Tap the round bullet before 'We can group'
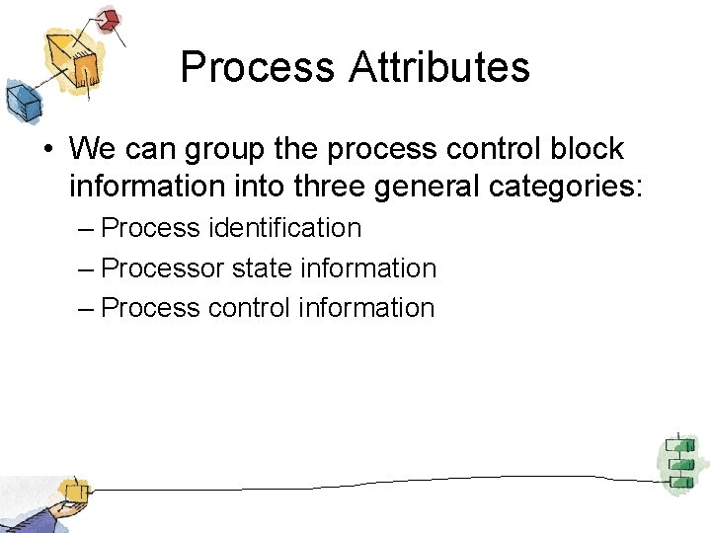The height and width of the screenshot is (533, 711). pyautogui.click(x=47, y=150)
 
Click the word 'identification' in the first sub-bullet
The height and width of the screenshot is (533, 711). pyautogui.click(x=284, y=228)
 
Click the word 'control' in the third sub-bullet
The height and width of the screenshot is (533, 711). pyautogui.click(x=249, y=308)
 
